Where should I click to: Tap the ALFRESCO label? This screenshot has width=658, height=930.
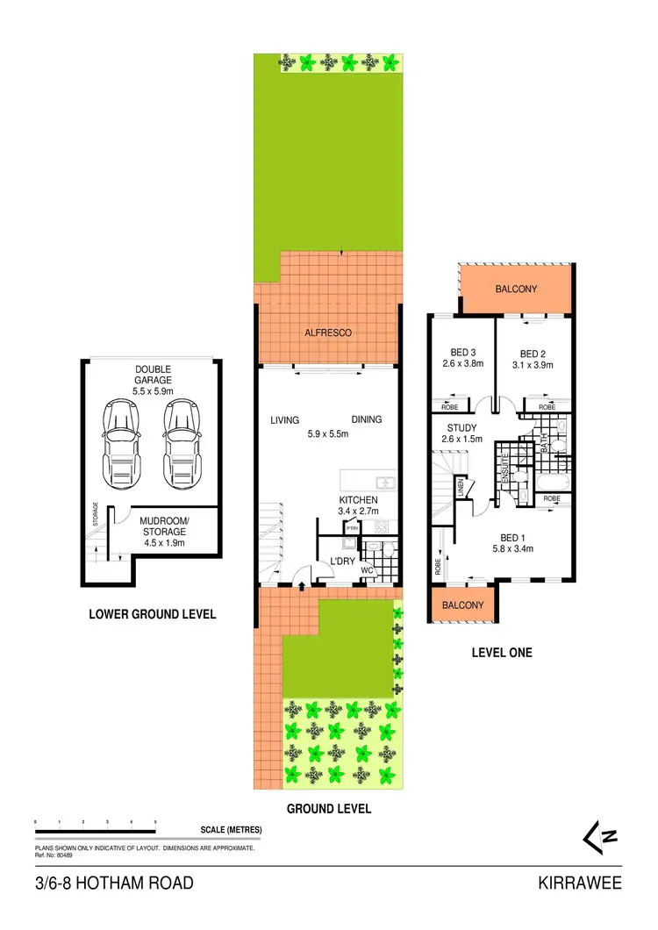327,333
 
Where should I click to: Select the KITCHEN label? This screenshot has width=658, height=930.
358,500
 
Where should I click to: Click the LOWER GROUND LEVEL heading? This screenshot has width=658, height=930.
153,614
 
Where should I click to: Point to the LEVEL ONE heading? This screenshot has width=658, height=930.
502,653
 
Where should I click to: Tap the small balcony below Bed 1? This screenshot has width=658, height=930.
462,605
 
